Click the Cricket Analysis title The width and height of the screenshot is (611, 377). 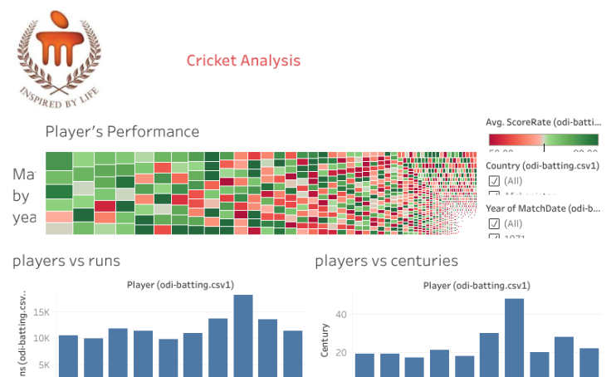[243, 61]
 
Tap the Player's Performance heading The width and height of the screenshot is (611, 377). [122, 132]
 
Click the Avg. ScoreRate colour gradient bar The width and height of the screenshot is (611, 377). [543, 140]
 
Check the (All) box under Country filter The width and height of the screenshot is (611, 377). [494, 181]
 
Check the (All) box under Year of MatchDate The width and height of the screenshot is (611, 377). [494, 223]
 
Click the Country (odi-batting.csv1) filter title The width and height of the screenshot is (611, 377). [543, 165]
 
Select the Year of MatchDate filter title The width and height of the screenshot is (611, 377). [543, 208]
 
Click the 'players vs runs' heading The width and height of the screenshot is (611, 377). [66, 261]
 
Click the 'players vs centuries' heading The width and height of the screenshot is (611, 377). [387, 261]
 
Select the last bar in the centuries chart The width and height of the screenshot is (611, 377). [589, 362]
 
